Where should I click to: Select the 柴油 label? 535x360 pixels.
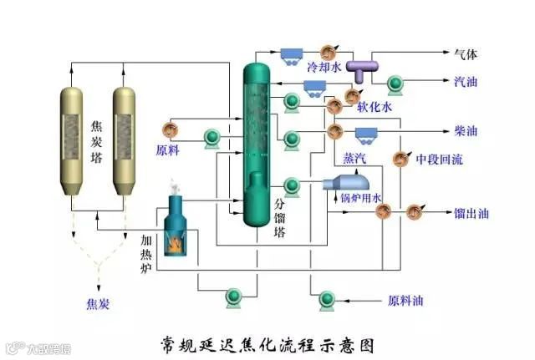[466, 131]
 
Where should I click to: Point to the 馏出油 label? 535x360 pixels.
[471, 214]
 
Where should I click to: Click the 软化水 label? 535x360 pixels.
[374, 107]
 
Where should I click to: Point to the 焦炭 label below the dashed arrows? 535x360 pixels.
[98, 303]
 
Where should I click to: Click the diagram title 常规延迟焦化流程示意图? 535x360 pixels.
[265, 343]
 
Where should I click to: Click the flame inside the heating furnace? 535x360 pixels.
[177, 243]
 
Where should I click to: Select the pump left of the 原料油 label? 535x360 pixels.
[324, 298]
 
